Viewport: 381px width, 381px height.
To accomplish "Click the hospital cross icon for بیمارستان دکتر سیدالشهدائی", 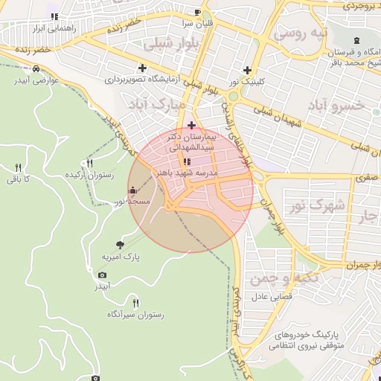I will click(x=191, y=125).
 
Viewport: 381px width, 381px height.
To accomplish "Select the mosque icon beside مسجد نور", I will click(x=132, y=190).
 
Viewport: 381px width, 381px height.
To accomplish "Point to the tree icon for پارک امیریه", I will click(x=121, y=245).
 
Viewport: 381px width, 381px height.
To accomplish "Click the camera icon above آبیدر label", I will click(x=102, y=275).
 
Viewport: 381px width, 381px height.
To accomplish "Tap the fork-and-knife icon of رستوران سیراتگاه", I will click(x=135, y=303).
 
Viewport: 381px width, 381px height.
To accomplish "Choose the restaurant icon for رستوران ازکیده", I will click(x=90, y=163).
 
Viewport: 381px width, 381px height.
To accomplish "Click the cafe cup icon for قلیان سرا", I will click(x=197, y=12).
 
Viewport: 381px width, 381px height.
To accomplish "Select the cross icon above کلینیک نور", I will click(x=257, y=70).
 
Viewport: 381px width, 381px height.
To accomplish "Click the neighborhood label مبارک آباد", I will click(x=155, y=104).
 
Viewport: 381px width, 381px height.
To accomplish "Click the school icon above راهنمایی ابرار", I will click(x=53, y=16).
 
